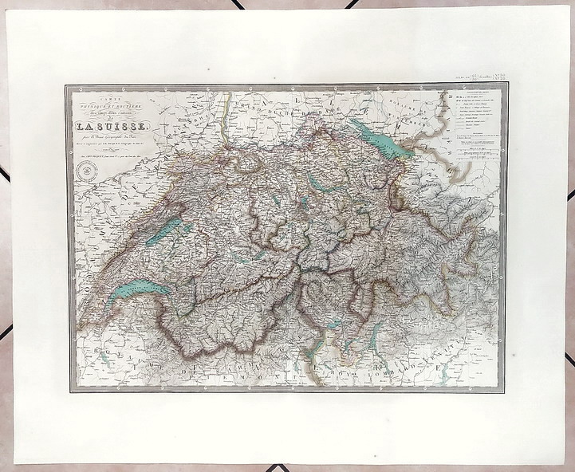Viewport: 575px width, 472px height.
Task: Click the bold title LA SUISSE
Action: tap(111, 125)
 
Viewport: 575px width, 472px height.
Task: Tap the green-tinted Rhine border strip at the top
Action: tap(226, 120)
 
